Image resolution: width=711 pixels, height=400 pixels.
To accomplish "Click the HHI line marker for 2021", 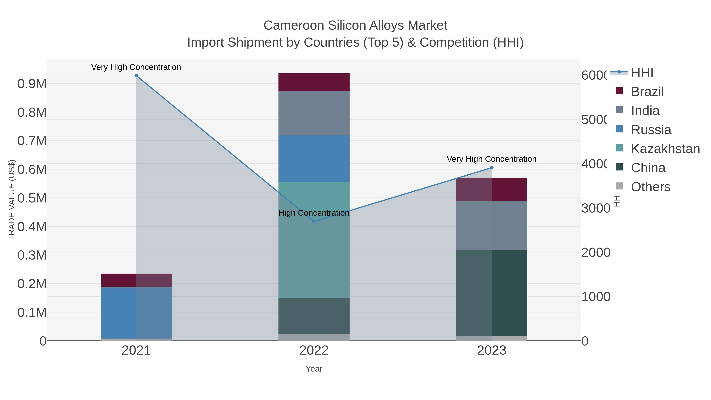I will (136, 76).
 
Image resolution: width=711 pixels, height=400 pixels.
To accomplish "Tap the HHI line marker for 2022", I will (314, 221).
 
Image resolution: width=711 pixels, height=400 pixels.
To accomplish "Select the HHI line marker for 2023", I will (492, 168).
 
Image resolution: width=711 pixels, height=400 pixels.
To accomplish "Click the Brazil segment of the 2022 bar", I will (314, 82).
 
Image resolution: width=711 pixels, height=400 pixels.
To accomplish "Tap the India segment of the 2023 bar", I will (492, 226).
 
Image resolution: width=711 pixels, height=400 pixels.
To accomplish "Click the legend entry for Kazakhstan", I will (665, 149).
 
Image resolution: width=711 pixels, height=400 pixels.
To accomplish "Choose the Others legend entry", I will (650, 187).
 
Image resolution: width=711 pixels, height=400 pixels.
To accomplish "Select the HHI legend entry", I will (642, 73).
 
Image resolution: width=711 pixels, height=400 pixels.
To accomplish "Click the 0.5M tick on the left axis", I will (32, 198).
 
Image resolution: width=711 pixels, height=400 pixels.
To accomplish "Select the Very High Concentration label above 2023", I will (491, 159).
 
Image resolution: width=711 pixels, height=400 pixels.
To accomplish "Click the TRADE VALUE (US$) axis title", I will (12, 200).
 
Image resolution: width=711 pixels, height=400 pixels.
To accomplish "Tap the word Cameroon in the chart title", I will (294, 25).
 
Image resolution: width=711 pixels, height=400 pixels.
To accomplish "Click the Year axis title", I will (314, 369).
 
